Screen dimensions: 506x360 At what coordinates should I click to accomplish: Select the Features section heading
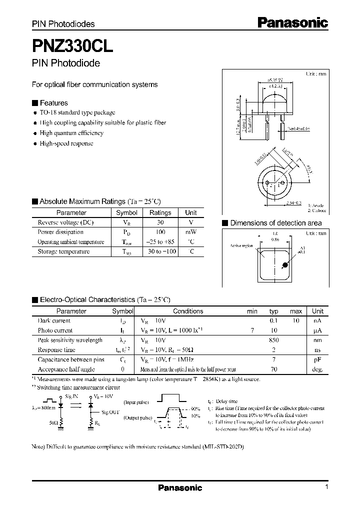[x=53, y=103]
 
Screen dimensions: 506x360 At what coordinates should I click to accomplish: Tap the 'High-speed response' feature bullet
[x=66, y=143]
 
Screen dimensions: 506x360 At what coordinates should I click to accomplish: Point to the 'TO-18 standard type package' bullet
[x=77, y=112]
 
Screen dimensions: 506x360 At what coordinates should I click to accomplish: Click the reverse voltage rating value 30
[x=160, y=222]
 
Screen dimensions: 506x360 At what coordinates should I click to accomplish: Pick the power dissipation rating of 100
[x=160, y=232]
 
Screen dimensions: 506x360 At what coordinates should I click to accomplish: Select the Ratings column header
[x=160, y=212]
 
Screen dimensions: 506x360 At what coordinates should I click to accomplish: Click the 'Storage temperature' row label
[x=63, y=251]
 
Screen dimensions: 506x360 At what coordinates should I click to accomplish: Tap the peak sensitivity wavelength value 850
[x=273, y=340]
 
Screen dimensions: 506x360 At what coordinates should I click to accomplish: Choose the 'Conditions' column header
[x=188, y=311]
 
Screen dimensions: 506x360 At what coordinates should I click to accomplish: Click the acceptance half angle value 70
[x=273, y=369]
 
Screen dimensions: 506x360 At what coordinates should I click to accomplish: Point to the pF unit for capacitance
[x=317, y=359]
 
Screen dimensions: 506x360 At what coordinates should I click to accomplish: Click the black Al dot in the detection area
[x=284, y=265]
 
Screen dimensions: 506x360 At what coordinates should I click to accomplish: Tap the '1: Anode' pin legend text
[x=316, y=205]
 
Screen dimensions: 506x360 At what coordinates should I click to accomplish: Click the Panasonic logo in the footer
[x=180, y=487]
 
